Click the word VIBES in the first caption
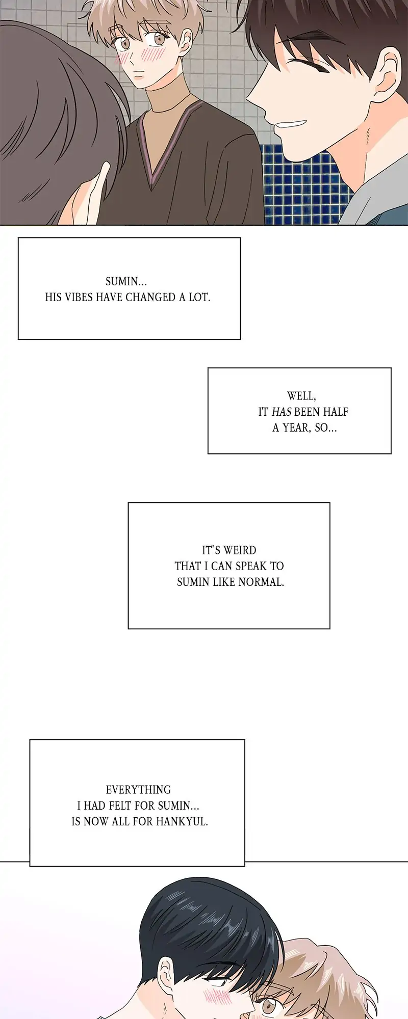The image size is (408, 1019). click(x=79, y=298)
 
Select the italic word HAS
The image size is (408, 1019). click(x=282, y=412)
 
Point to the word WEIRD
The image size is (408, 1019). click(x=240, y=550)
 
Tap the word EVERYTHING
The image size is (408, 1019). click(x=138, y=790)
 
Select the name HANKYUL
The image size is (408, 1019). click(x=182, y=821)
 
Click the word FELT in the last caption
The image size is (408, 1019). click(x=120, y=806)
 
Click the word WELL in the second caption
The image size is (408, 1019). click(x=301, y=396)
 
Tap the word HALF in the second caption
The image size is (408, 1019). click(x=336, y=412)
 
